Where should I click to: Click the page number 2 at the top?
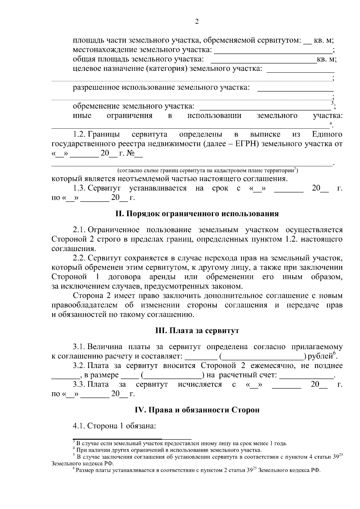tap(197, 22)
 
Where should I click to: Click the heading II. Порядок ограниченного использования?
tap(197, 214)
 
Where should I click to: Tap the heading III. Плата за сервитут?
tap(197, 331)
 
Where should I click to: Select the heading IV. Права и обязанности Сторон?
tap(197, 410)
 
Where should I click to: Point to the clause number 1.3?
tap(79, 188)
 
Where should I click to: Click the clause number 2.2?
tap(79, 258)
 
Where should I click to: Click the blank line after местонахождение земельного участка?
tap(273, 50)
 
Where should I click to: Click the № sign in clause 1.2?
tap(130, 153)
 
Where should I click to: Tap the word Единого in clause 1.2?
tap(327, 134)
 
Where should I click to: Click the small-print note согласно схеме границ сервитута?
tap(207, 171)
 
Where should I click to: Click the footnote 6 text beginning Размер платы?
tap(198, 470)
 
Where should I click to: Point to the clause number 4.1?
tap(79, 426)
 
